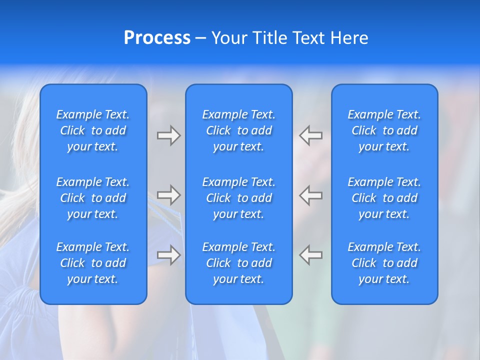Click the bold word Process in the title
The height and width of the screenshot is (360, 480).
157,38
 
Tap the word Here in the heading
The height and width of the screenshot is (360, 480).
348,38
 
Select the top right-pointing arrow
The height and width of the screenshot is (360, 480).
168,135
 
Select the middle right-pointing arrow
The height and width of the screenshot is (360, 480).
168,195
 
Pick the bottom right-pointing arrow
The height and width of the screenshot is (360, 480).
168,255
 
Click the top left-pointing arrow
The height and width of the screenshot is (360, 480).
311,135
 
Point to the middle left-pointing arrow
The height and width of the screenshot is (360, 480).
311,195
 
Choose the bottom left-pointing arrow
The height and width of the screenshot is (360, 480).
311,255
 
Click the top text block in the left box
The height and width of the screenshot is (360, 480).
93,130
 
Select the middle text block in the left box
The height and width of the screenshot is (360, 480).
93,198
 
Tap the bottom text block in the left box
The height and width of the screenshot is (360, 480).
93,263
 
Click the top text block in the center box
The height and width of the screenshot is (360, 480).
238,130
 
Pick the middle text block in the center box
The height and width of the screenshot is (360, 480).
238,198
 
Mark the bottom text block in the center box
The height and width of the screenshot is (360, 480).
238,263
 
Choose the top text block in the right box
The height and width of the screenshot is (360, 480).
384,130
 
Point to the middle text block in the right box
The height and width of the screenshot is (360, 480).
384,198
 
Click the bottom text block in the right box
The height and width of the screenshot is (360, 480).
384,263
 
